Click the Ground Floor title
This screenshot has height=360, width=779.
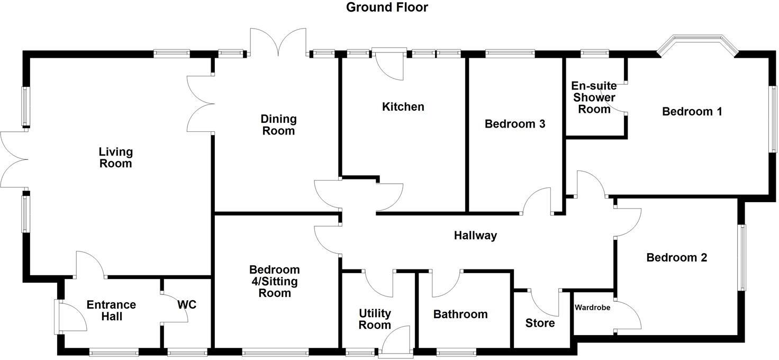[x=387, y=7]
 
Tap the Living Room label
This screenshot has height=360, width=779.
[x=115, y=158]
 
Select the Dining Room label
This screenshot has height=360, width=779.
[x=278, y=125]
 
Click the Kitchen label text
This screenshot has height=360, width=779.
[x=403, y=107]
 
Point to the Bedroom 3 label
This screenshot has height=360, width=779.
[x=515, y=124]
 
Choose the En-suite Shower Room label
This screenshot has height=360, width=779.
[x=594, y=97]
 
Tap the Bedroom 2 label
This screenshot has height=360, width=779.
[x=676, y=258]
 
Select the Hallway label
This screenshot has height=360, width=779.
[x=475, y=236]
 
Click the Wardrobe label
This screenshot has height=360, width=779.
[x=593, y=307]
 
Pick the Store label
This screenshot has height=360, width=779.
[x=540, y=323]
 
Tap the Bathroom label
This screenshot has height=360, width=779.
[x=460, y=314]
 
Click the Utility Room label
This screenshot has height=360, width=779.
[x=375, y=319]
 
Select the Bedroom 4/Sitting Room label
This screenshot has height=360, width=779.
[x=274, y=281]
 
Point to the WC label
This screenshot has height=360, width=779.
[x=187, y=305]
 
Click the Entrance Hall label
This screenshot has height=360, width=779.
[x=111, y=311]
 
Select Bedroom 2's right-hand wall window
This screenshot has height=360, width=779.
[x=742, y=258]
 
